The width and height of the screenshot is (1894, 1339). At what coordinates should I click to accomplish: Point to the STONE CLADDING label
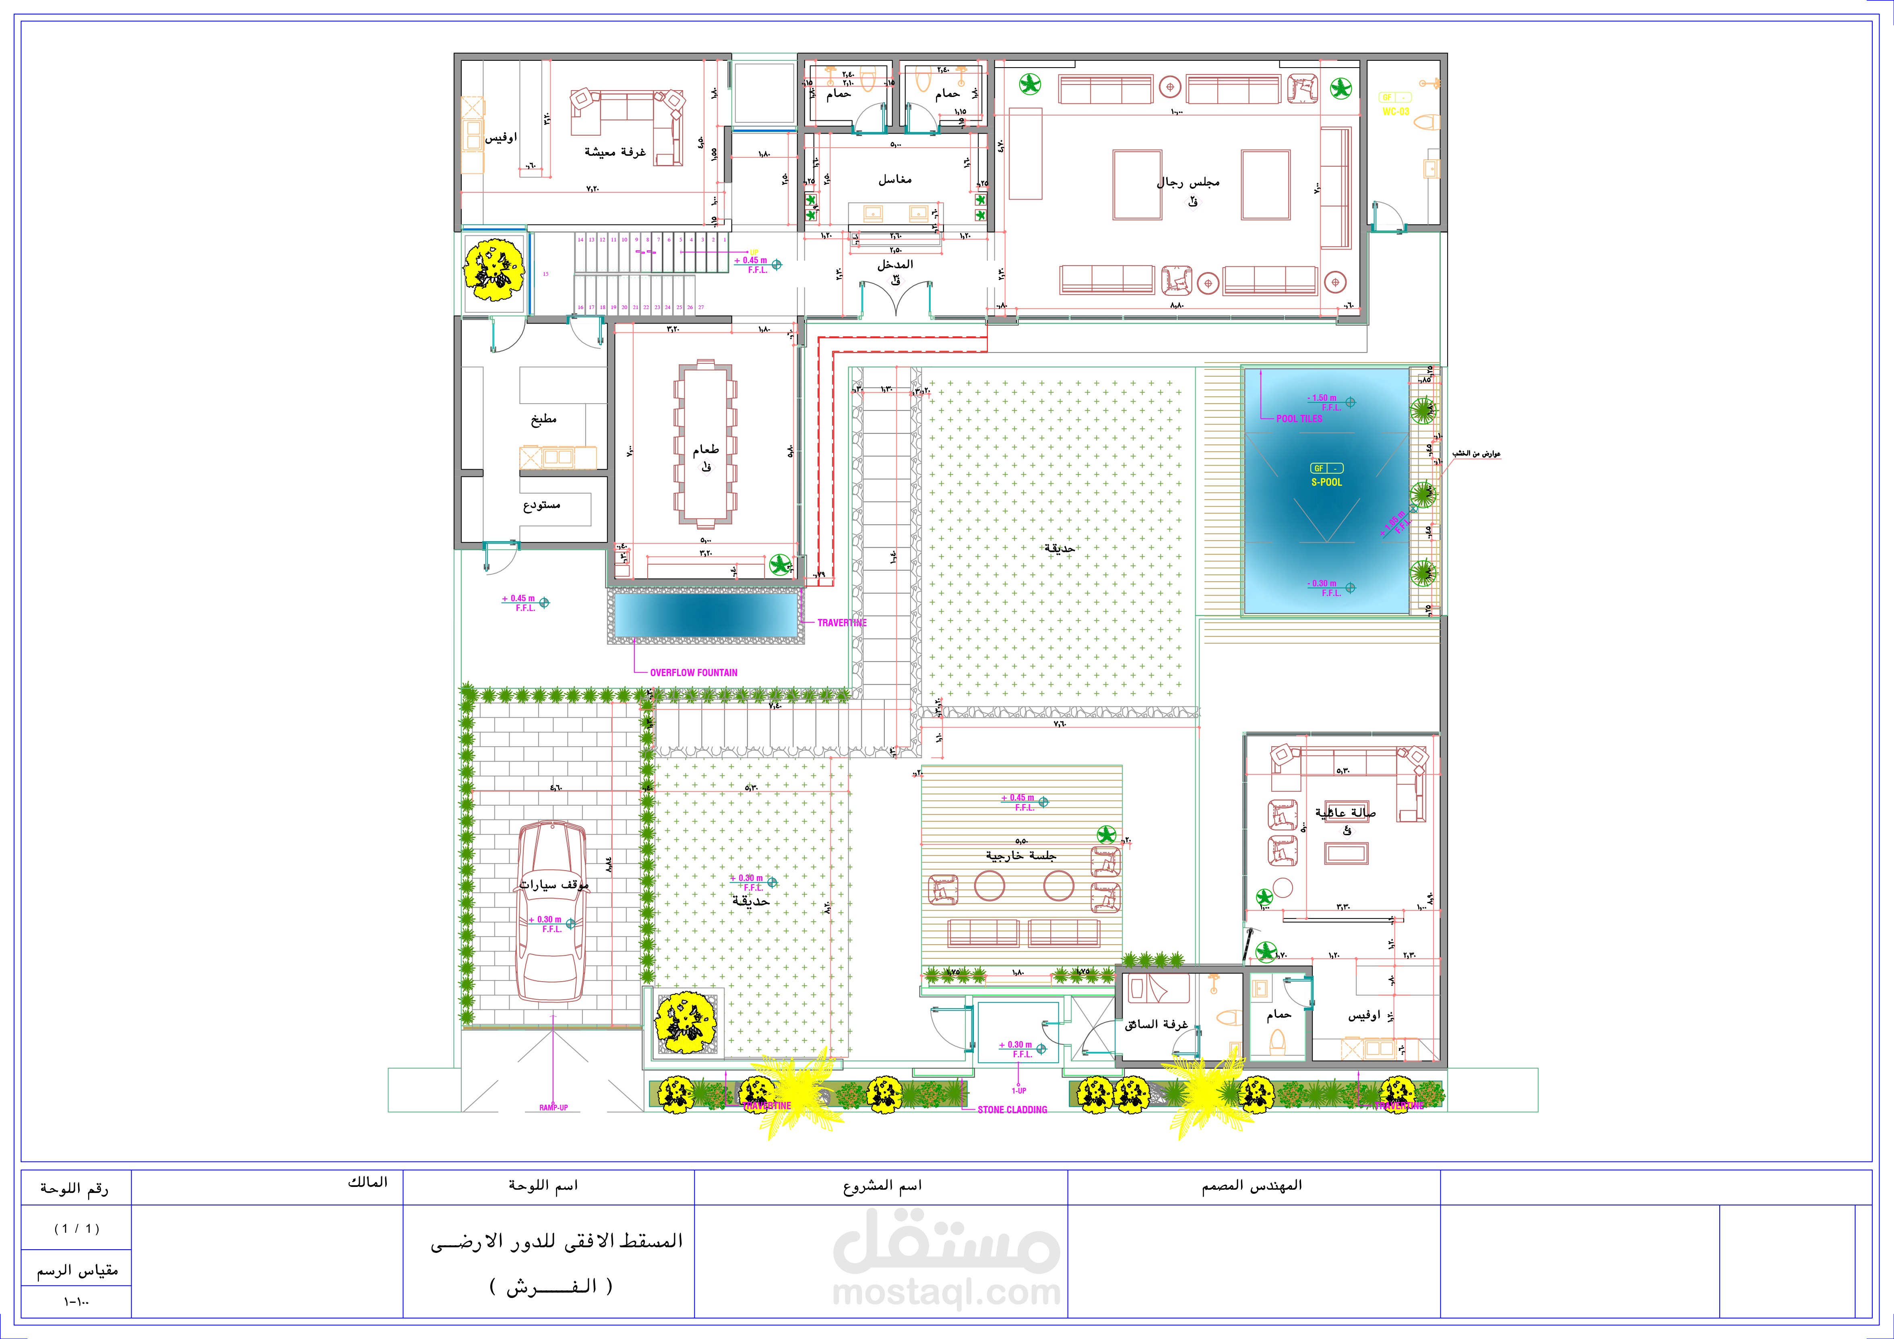tap(1012, 1110)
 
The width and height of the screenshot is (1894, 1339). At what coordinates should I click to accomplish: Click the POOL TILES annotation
tap(1299, 419)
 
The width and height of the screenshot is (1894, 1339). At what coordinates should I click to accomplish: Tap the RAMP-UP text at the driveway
tap(554, 1107)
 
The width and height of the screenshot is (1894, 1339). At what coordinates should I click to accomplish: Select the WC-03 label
tap(1396, 111)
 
